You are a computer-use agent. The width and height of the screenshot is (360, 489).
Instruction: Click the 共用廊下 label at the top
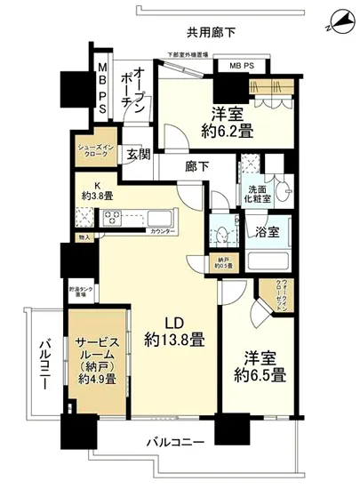pos(211,33)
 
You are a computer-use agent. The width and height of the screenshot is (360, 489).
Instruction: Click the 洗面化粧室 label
pos(258,195)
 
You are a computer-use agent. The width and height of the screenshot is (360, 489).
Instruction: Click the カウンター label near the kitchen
pos(163,232)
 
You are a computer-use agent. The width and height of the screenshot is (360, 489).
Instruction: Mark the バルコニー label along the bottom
pos(176,442)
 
